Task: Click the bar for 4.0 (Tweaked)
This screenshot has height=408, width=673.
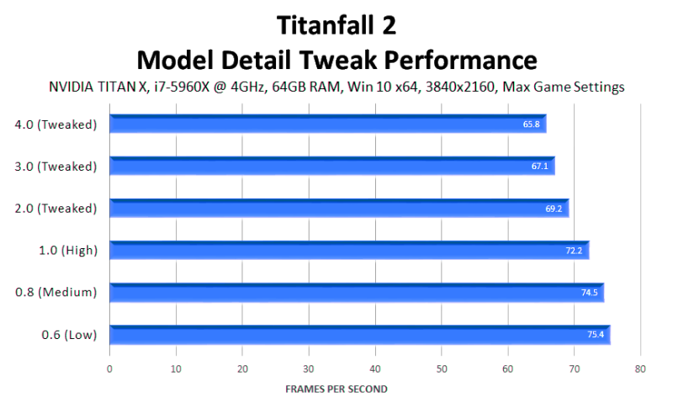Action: point(328,124)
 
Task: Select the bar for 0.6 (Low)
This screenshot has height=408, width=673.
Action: point(360,335)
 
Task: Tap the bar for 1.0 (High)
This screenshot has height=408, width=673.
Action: point(349,250)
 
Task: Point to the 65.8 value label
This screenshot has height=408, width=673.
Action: point(531,125)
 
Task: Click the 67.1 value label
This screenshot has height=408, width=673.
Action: point(539,167)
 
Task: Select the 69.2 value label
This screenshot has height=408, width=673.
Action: point(554,209)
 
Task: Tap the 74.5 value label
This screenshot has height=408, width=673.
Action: point(590,293)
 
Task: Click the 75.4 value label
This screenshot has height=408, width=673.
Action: point(596,335)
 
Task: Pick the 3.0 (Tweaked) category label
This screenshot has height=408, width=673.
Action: point(56,167)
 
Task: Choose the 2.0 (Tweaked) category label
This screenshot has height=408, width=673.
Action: point(56,209)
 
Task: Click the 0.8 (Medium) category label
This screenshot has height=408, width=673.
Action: point(56,293)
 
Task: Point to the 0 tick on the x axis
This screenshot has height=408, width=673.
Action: point(109,369)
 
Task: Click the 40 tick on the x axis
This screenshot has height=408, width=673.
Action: point(375,369)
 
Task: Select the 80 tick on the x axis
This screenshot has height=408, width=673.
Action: point(640,369)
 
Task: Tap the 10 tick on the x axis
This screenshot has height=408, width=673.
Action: point(176,369)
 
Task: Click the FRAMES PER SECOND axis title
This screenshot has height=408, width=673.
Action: point(336,389)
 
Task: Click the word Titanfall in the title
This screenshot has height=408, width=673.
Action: point(326,25)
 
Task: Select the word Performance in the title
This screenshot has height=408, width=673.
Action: point(460,60)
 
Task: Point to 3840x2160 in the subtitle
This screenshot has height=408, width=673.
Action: point(460,87)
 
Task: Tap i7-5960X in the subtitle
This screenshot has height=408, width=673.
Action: point(182,87)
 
